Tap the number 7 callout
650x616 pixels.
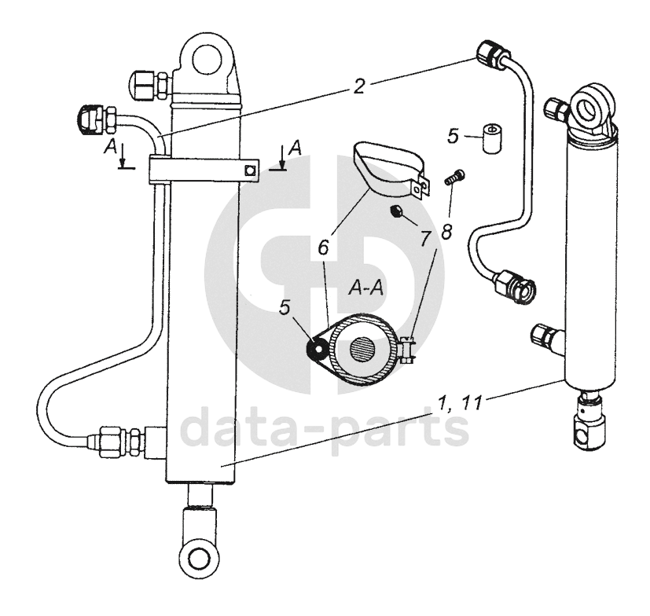coord(425,237)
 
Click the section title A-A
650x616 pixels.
coord(365,288)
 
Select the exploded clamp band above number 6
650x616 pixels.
coord(387,167)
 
